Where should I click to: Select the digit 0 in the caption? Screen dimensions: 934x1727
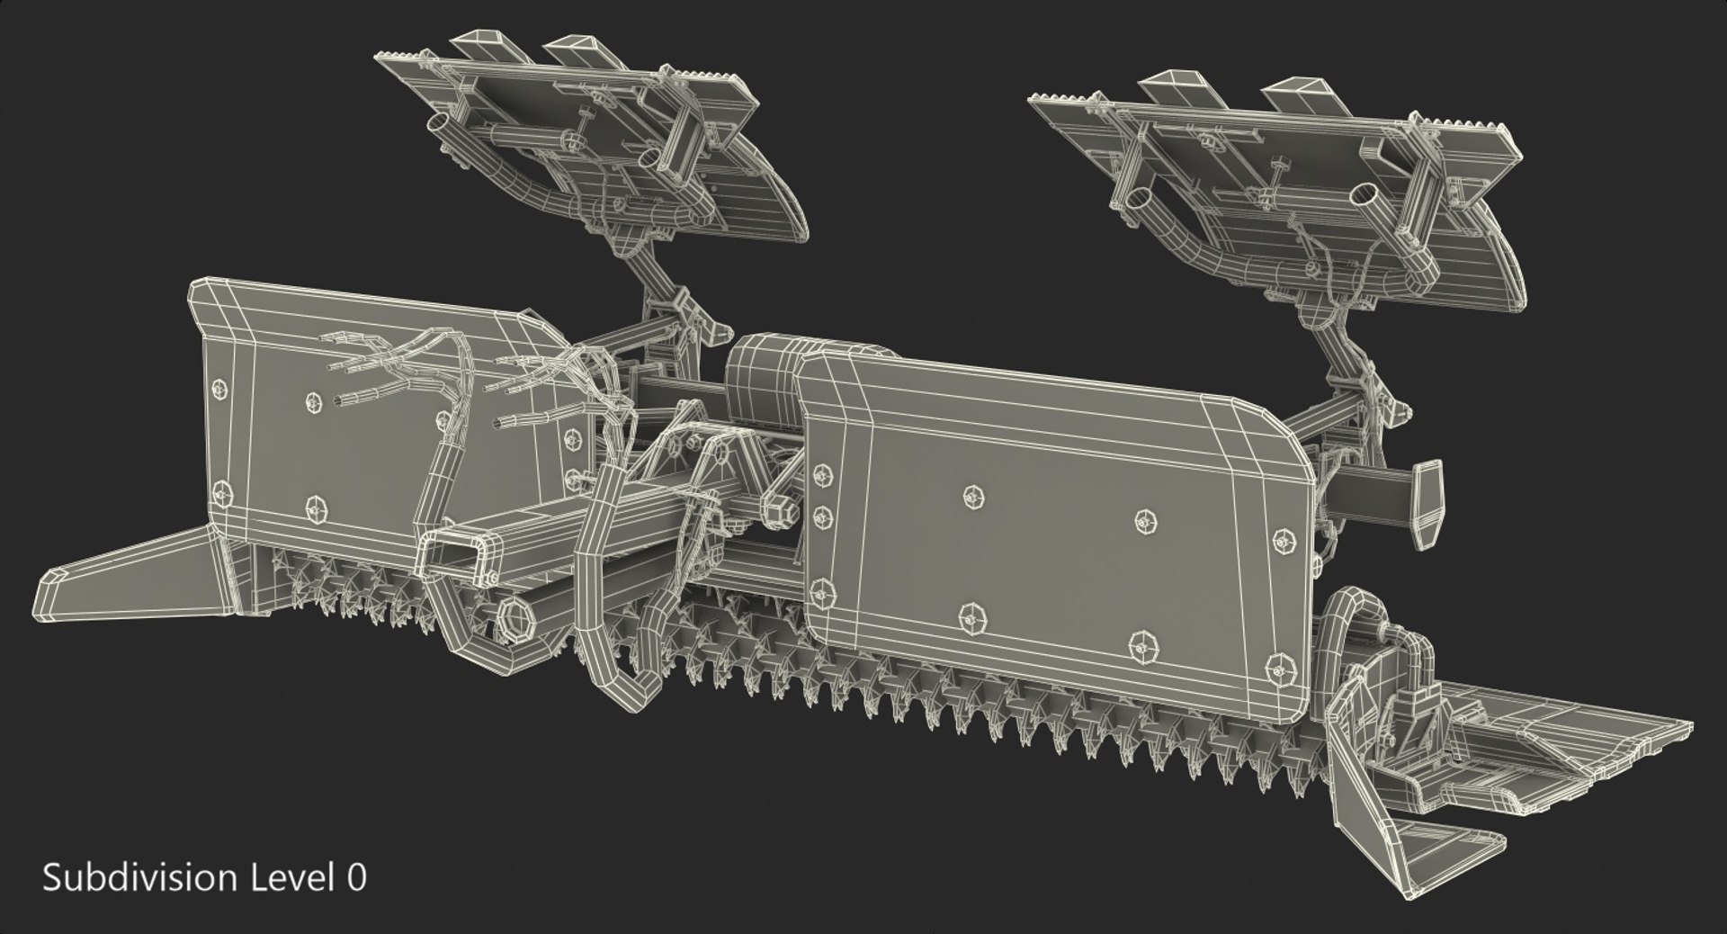point(356,878)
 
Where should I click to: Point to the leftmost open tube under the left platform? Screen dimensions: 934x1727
point(439,124)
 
